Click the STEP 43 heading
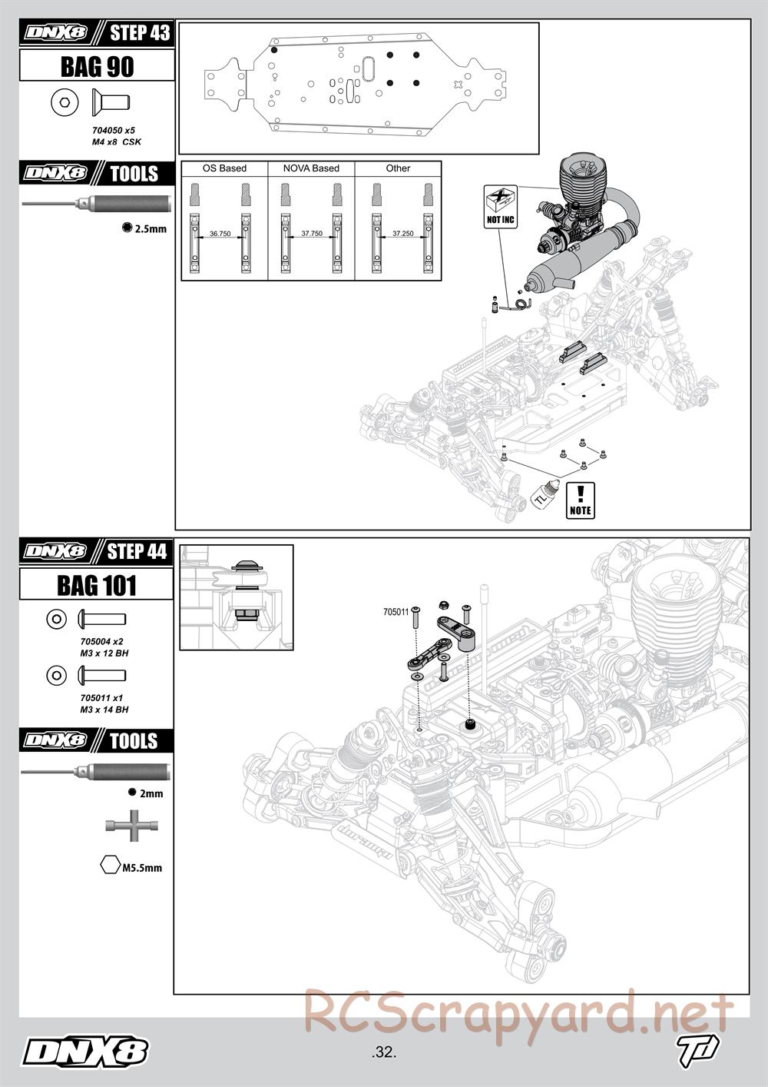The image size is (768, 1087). pyautogui.click(x=140, y=32)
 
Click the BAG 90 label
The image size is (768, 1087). pyautogui.click(x=97, y=66)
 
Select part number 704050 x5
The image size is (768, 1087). pyautogui.click(x=114, y=131)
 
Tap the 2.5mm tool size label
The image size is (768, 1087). pyautogui.click(x=151, y=228)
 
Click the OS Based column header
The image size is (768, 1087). pyautogui.click(x=224, y=168)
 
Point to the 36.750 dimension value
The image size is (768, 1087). pyautogui.click(x=220, y=234)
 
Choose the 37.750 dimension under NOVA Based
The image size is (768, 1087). pyautogui.click(x=312, y=234)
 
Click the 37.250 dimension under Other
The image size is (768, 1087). pyautogui.click(x=403, y=234)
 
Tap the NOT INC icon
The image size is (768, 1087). pyautogui.click(x=501, y=207)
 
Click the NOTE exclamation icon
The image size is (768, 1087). pyautogui.click(x=581, y=500)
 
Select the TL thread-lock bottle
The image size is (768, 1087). pyautogui.click(x=545, y=494)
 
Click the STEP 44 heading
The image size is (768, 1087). pyautogui.click(x=137, y=551)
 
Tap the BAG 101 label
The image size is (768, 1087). pyautogui.click(x=97, y=585)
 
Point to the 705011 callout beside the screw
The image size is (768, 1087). pyautogui.click(x=396, y=612)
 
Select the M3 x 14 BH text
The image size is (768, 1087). pyautogui.click(x=104, y=710)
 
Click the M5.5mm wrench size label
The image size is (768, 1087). pyautogui.click(x=142, y=868)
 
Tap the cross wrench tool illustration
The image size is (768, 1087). pyautogui.click(x=132, y=825)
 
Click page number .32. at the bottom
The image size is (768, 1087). pyautogui.click(x=384, y=1052)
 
